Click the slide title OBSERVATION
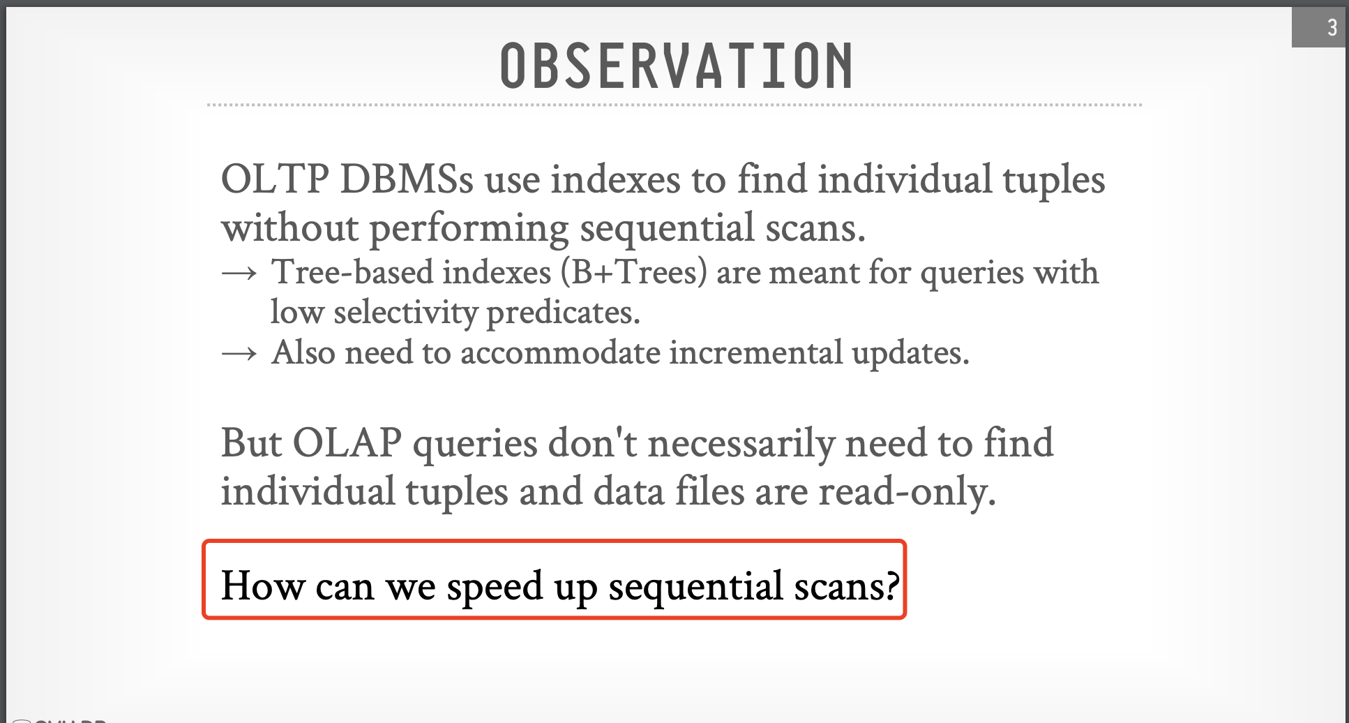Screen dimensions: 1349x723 pyautogui.click(x=677, y=66)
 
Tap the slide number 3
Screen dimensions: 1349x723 pyautogui.click(x=1332, y=27)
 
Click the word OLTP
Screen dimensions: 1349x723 pyautogui.click(x=275, y=179)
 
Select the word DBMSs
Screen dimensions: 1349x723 pyautogui.click(x=407, y=179)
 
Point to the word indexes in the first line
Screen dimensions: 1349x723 pyautogui.click(x=615, y=179)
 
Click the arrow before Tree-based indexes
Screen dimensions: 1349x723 pyautogui.click(x=239, y=274)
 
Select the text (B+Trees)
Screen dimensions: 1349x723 pyautogui.click(x=634, y=272)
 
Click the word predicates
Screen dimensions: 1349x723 pyautogui.click(x=563, y=313)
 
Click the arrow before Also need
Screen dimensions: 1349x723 pyautogui.click(x=239, y=355)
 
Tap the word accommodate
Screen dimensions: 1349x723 pyautogui.click(x=559, y=352)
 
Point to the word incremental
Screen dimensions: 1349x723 pyautogui.click(x=755, y=352)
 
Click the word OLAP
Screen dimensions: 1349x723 pyautogui.click(x=347, y=443)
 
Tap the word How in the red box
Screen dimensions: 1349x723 pyautogui.click(x=263, y=586)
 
